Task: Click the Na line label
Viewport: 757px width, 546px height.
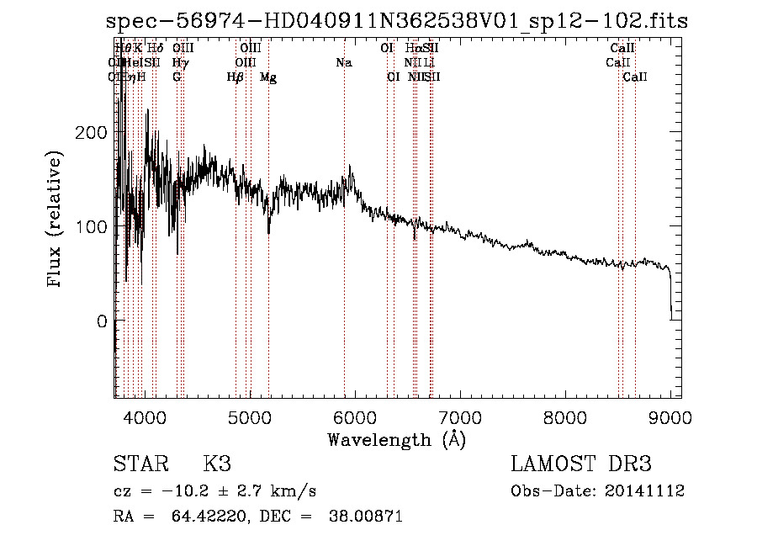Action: click(x=343, y=63)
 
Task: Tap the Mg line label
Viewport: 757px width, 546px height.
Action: click(x=268, y=77)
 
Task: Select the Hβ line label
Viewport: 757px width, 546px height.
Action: click(x=236, y=77)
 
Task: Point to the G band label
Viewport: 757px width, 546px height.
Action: click(x=177, y=77)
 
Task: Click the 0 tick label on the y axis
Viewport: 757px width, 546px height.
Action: click(x=102, y=321)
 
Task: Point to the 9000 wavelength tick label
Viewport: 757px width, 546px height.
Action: click(x=670, y=416)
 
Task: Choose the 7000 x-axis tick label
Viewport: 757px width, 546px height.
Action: click(x=459, y=416)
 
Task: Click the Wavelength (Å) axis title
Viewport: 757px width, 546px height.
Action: click(x=396, y=439)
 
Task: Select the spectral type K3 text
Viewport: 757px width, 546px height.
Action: click(x=217, y=464)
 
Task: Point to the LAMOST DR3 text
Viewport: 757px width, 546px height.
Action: click(x=581, y=464)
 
